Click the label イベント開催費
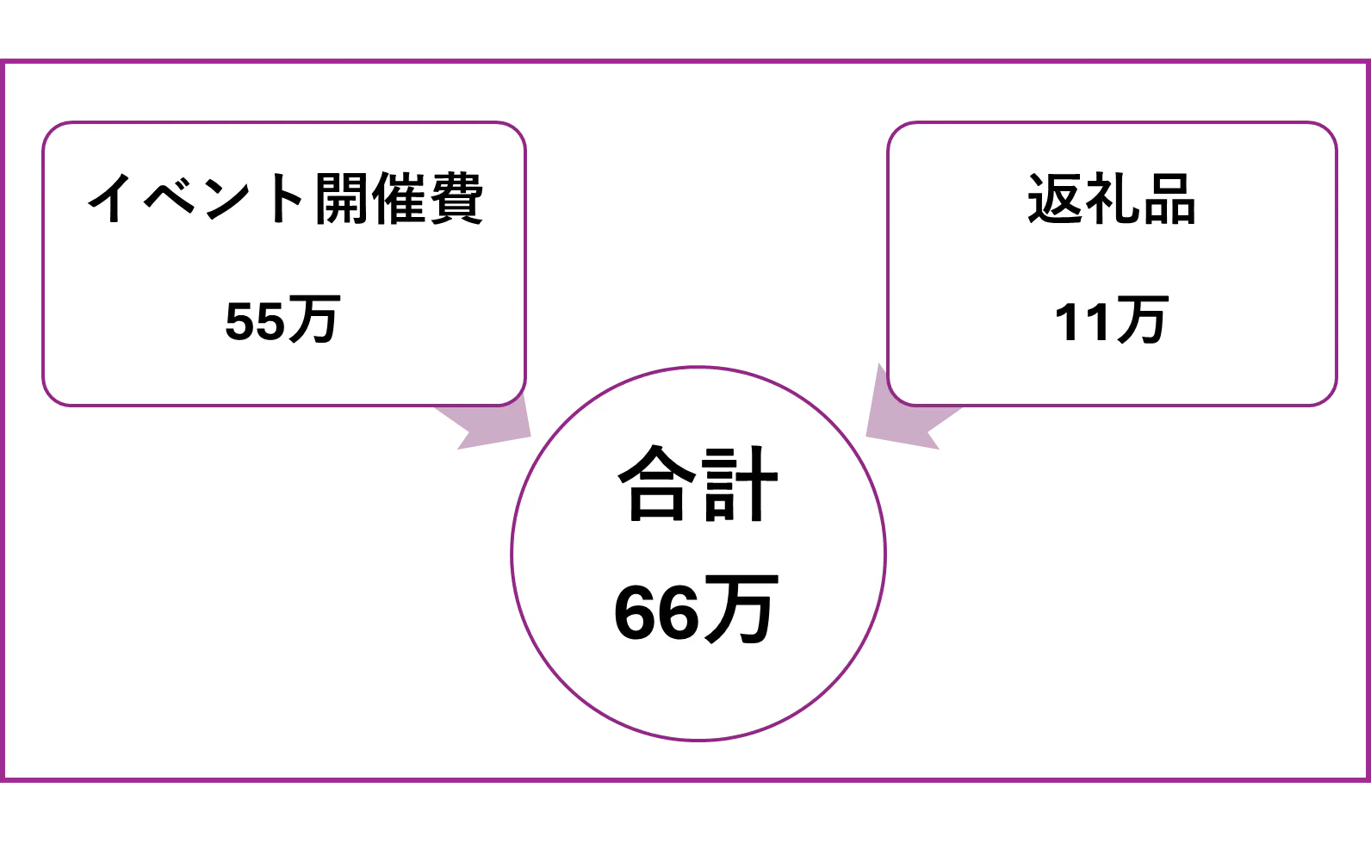click(x=284, y=198)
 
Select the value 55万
click(x=282, y=320)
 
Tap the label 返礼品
click(x=1111, y=200)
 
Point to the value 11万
click(x=1111, y=320)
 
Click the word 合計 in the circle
click(x=698, y=484)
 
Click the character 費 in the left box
click(x=456, y=198)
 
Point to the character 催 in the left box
click(x=400, y=198)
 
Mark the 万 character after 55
click(x=313, y=320)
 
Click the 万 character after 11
click(x=1139, y=320)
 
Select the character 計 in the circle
click(x=739, y=484)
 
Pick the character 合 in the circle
click(x=656, y=484)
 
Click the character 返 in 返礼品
click(x=1054, y=200)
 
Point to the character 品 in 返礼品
click(x=1168, y=200)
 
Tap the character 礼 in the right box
click(x=1111, y=200)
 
